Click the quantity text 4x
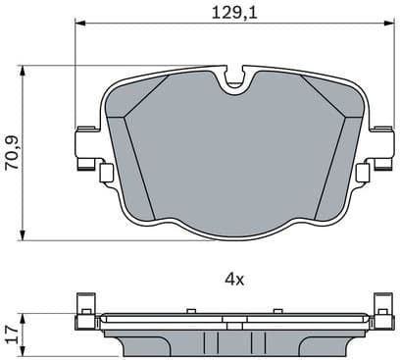(x=233, y=279)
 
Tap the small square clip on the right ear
(x=362, y=174)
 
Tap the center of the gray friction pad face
(x=233, y=157)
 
